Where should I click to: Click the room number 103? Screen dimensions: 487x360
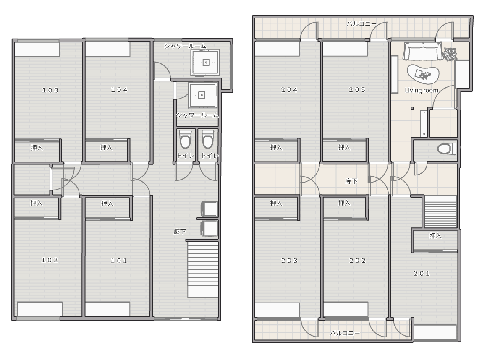(x=50, y=90)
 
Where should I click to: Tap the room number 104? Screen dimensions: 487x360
(x=119, y=90)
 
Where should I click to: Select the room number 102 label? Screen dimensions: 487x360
(x=50, y=260)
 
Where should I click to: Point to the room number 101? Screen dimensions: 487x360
(x=119, y=261)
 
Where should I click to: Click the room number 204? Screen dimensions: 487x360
(x=289, y=90)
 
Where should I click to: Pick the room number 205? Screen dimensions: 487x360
(x=357, y=90)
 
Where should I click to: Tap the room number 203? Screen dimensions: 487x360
(x=289, y=261)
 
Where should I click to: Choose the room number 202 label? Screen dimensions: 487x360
(x=358, y=261)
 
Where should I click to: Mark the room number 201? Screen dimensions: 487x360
(x=422, y=274)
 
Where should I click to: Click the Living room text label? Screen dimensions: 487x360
(x=422, y=90)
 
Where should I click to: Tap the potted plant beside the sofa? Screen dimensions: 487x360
(x=450, y=53)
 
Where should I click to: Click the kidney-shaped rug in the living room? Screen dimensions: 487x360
(x=423, y=74)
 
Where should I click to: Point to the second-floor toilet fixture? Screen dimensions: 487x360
(x=447, y=149)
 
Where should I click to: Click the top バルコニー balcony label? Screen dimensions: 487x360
(x=361, y=23)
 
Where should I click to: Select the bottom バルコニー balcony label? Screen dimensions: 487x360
(x=345, y=333)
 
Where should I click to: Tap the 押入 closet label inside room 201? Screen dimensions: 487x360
(x=435, y=236)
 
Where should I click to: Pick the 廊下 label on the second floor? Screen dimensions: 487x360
(x=351, y=181)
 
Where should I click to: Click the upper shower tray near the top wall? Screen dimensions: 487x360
(x=206, y=63)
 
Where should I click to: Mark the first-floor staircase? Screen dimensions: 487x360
(x=202, y=269)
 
